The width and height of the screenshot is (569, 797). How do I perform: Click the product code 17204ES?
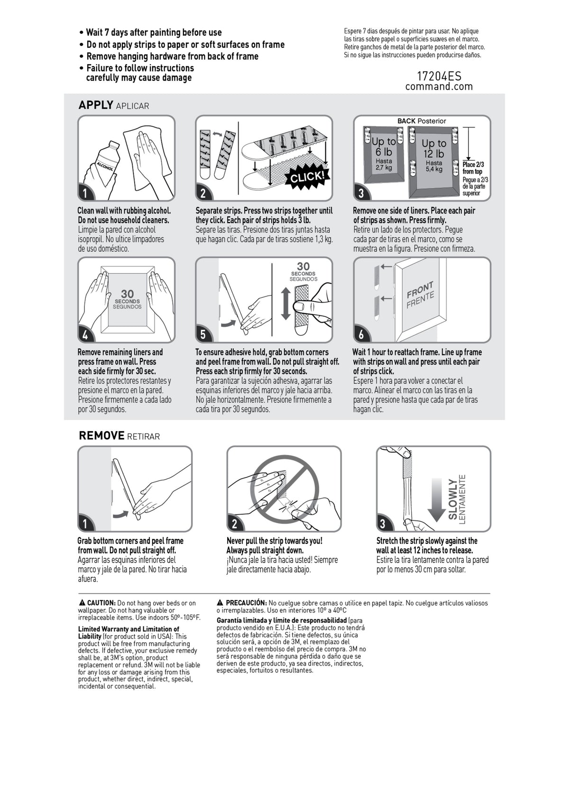coord(439,76)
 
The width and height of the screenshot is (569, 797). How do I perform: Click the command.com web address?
coord(439,86)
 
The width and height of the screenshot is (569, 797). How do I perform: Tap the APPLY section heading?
coord(96,105)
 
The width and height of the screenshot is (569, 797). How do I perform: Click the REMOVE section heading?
coord(101,436)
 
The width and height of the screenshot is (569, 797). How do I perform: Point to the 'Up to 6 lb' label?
coord(384,147)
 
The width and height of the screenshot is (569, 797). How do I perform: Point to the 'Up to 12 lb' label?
coord(433,148)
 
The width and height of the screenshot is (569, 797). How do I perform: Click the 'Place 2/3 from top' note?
coord(473,168)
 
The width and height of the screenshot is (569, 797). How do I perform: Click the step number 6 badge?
coord(361,334)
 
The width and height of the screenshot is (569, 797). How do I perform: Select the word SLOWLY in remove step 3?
coord(453,499)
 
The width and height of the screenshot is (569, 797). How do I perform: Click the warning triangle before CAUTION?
coord(82,603)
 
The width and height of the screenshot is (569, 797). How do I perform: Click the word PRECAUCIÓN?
coord(246,603)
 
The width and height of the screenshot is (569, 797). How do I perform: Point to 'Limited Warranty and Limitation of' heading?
coord(128,629)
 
